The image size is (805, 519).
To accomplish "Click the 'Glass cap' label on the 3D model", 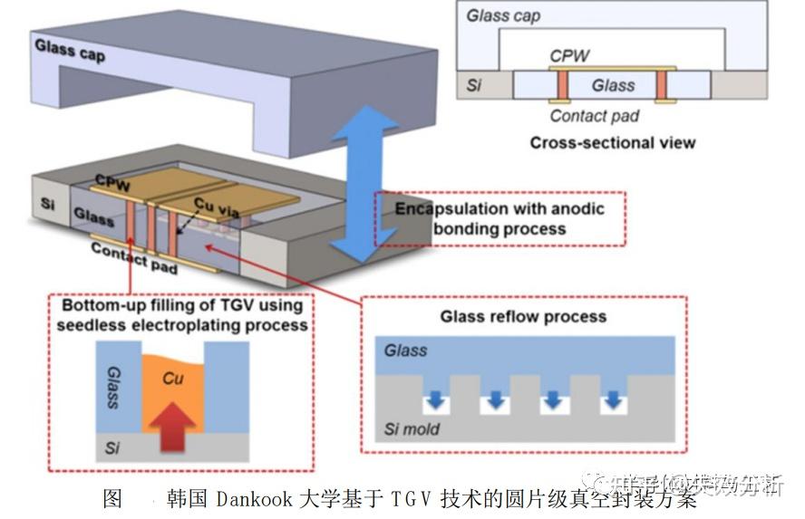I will coord(70,51).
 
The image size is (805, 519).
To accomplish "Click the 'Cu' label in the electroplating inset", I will coord(171,379).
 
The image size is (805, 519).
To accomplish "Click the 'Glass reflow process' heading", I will coord(523,316).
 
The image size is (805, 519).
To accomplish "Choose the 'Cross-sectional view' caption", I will coord(613,142).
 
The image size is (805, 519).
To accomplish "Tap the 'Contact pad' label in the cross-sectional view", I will coord(594,115).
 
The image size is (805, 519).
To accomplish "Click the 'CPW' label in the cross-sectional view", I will coord(569,55).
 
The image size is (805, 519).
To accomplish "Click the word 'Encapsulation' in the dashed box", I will coord(450,208).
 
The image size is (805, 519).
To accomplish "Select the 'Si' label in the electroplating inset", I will coord(111,447).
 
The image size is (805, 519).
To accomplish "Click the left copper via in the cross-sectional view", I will coord(562,85).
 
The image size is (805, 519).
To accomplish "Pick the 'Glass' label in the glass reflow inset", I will coord(405,350).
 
